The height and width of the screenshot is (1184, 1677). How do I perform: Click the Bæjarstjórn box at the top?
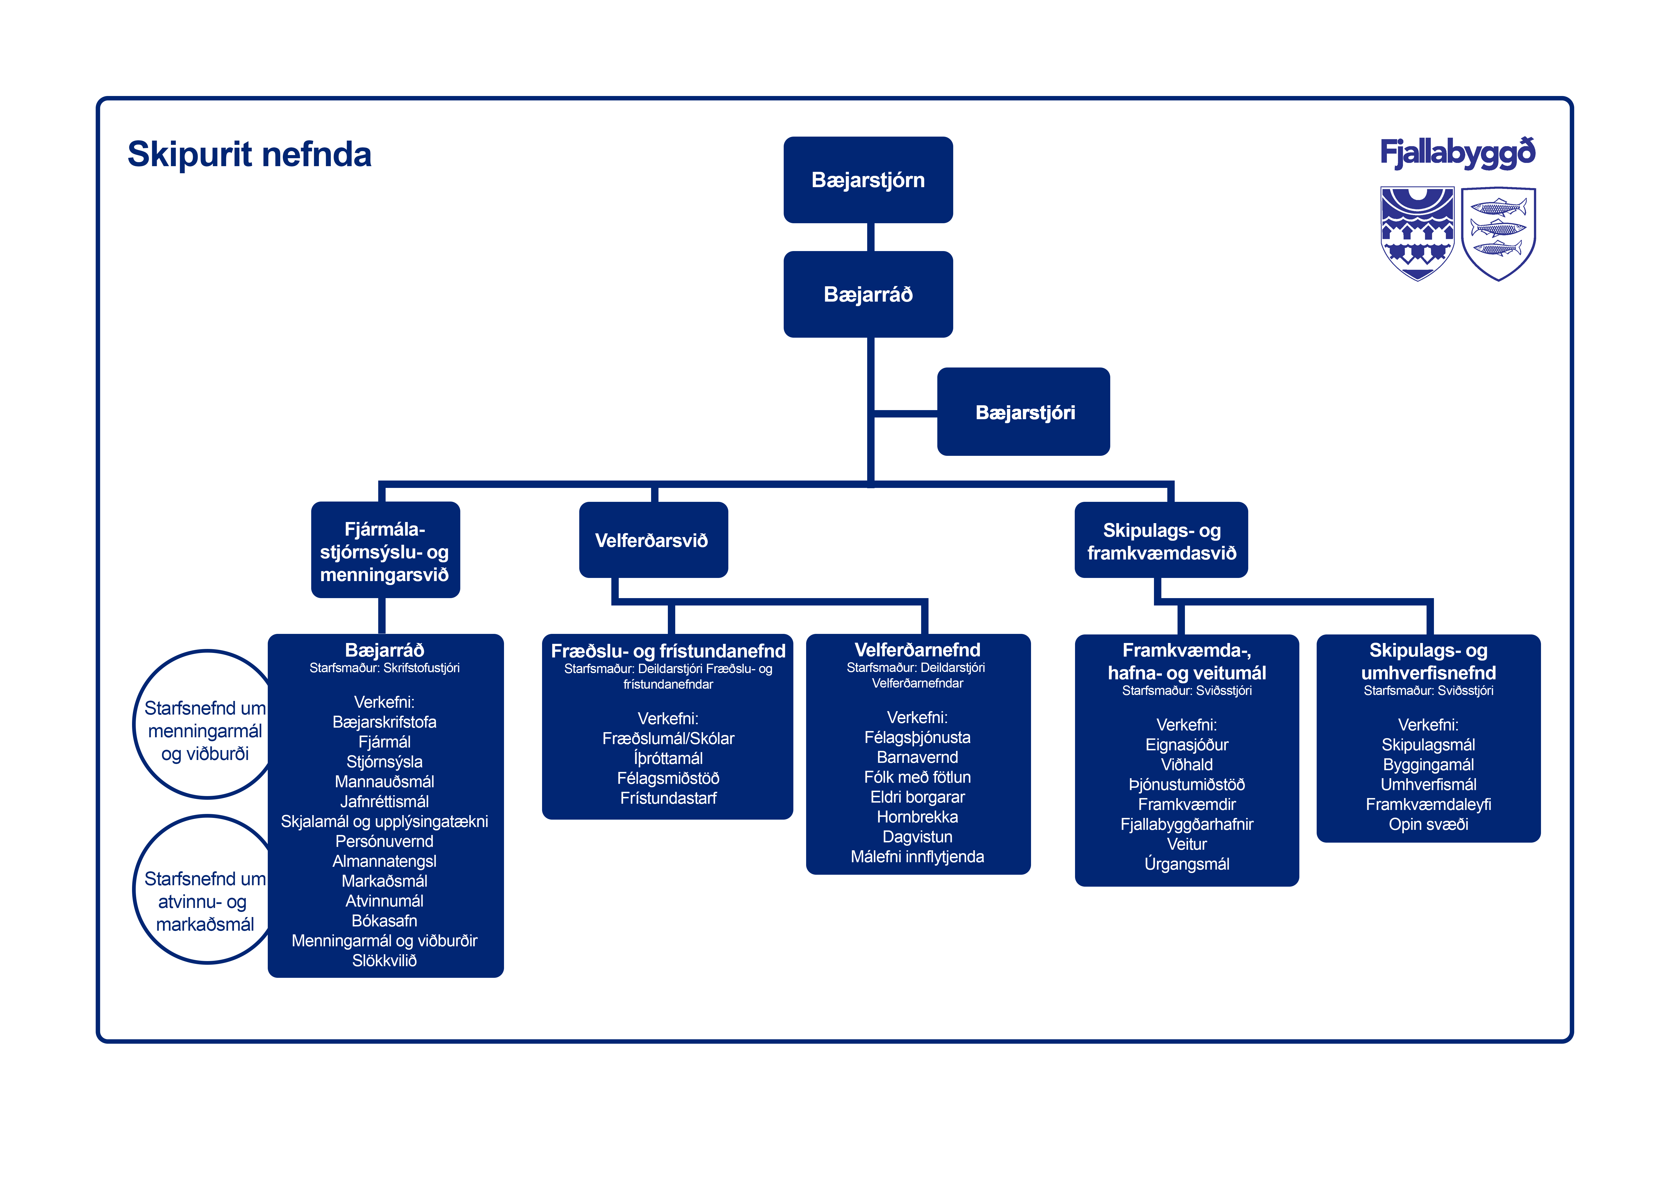point(868,180)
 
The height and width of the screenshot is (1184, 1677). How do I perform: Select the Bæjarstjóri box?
point(1023,412)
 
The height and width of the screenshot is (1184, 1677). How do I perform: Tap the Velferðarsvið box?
point(653,540)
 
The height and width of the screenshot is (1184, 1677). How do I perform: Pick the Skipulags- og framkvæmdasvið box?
point(1160,540)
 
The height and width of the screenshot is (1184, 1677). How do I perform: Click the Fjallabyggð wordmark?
point(1457,153)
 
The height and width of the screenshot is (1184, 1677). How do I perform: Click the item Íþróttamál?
point(668,758)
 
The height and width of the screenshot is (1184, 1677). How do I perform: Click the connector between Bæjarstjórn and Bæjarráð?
point(871,237)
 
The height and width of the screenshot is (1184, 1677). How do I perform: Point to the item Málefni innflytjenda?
point(917,857)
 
